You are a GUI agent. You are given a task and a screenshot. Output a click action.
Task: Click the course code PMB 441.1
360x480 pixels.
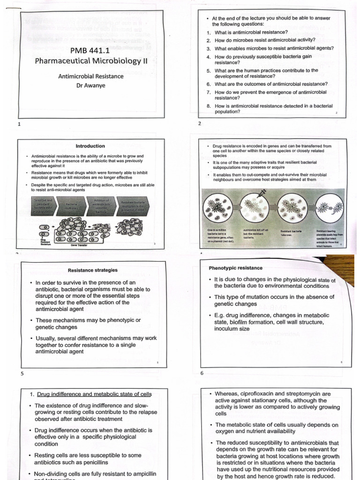coord(87,50)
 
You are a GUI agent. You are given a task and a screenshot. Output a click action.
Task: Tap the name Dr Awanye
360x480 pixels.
coord(90,85)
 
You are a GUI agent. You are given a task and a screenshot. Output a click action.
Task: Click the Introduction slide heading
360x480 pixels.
coord(90,146)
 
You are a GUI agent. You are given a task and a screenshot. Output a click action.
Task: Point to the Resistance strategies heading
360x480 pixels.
coord(93,270)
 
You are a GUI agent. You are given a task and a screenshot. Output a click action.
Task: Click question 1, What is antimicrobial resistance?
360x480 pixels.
coord(251,32)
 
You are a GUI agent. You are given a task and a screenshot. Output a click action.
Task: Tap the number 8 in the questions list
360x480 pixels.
coord(209,106)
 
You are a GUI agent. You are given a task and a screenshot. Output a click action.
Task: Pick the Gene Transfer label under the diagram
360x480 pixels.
coord(81,245)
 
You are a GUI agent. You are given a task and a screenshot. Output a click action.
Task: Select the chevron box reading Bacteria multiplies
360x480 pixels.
coord(71,206)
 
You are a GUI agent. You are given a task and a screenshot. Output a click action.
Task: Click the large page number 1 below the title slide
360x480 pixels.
coord(19,124)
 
